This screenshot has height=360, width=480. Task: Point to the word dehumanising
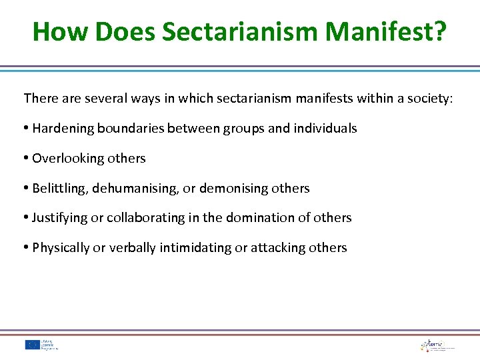[x=135, y=189]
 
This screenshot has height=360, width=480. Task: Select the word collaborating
[x=147, y=218]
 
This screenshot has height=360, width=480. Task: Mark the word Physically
[x=61, y=248]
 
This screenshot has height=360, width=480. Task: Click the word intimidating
[x=195, y=248]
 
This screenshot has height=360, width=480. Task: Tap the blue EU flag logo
[x=33, y=345]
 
